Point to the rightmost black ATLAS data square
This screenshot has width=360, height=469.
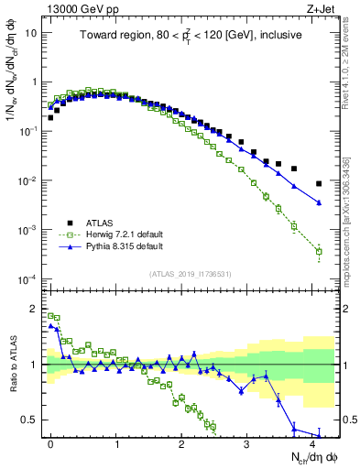pos(319,184)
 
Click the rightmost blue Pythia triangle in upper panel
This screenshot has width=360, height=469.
pos(319,202)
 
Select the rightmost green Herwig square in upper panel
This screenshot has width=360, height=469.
pos(319,251)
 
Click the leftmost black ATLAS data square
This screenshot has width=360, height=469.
pos(50,117)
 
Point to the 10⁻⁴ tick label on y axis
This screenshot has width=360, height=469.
pos(27,278)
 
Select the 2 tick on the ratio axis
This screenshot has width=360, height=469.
pos(33,309)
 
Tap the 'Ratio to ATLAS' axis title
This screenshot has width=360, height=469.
pos(12,365)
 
